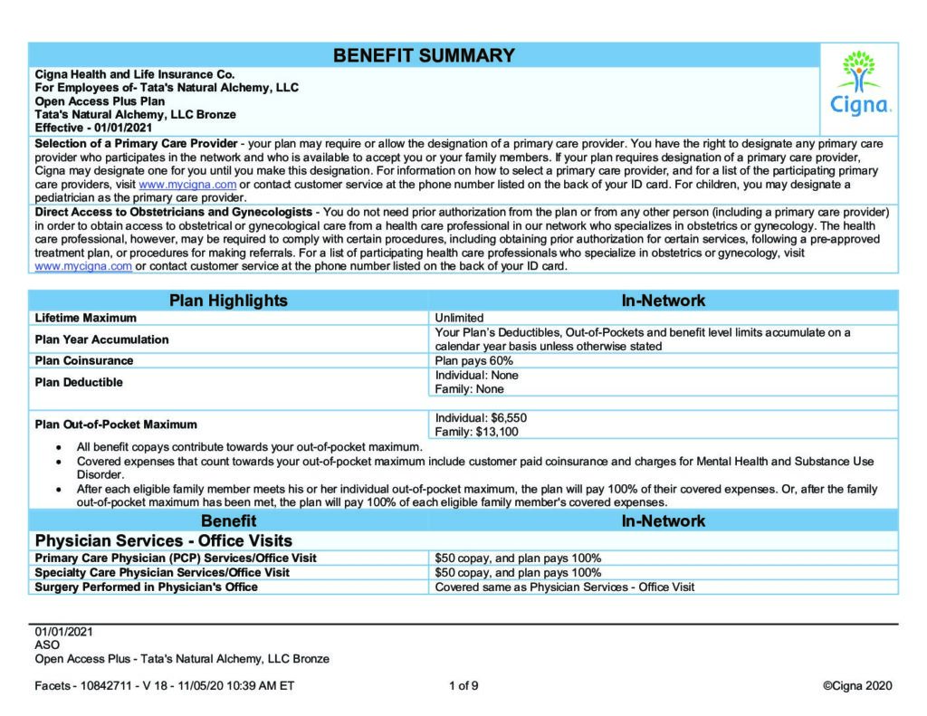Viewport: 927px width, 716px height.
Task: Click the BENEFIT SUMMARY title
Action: point(424,55)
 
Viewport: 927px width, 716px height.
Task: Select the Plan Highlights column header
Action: point(229,301)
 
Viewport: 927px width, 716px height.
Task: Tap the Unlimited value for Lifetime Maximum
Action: point(459,318)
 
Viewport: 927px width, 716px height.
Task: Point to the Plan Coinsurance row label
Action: point(83,360)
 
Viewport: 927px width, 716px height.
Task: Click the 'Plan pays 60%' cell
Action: point(473,360)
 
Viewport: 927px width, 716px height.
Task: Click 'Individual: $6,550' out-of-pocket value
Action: point(481,417)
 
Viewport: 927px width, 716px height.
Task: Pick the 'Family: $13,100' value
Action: point(477,432)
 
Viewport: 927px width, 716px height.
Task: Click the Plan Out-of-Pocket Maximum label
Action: point(115,424)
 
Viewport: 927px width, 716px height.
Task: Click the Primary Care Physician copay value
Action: point(518,558)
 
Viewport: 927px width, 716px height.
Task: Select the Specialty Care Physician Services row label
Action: point(162,572)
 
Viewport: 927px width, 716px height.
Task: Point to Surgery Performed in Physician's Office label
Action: point(146,587)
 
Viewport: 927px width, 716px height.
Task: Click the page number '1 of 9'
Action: point(463,685)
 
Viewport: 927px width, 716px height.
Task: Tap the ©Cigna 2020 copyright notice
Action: point(856,685)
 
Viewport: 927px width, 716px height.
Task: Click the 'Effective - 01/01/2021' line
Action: point(87,128)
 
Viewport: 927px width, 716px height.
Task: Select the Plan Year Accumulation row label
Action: point(101,339)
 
